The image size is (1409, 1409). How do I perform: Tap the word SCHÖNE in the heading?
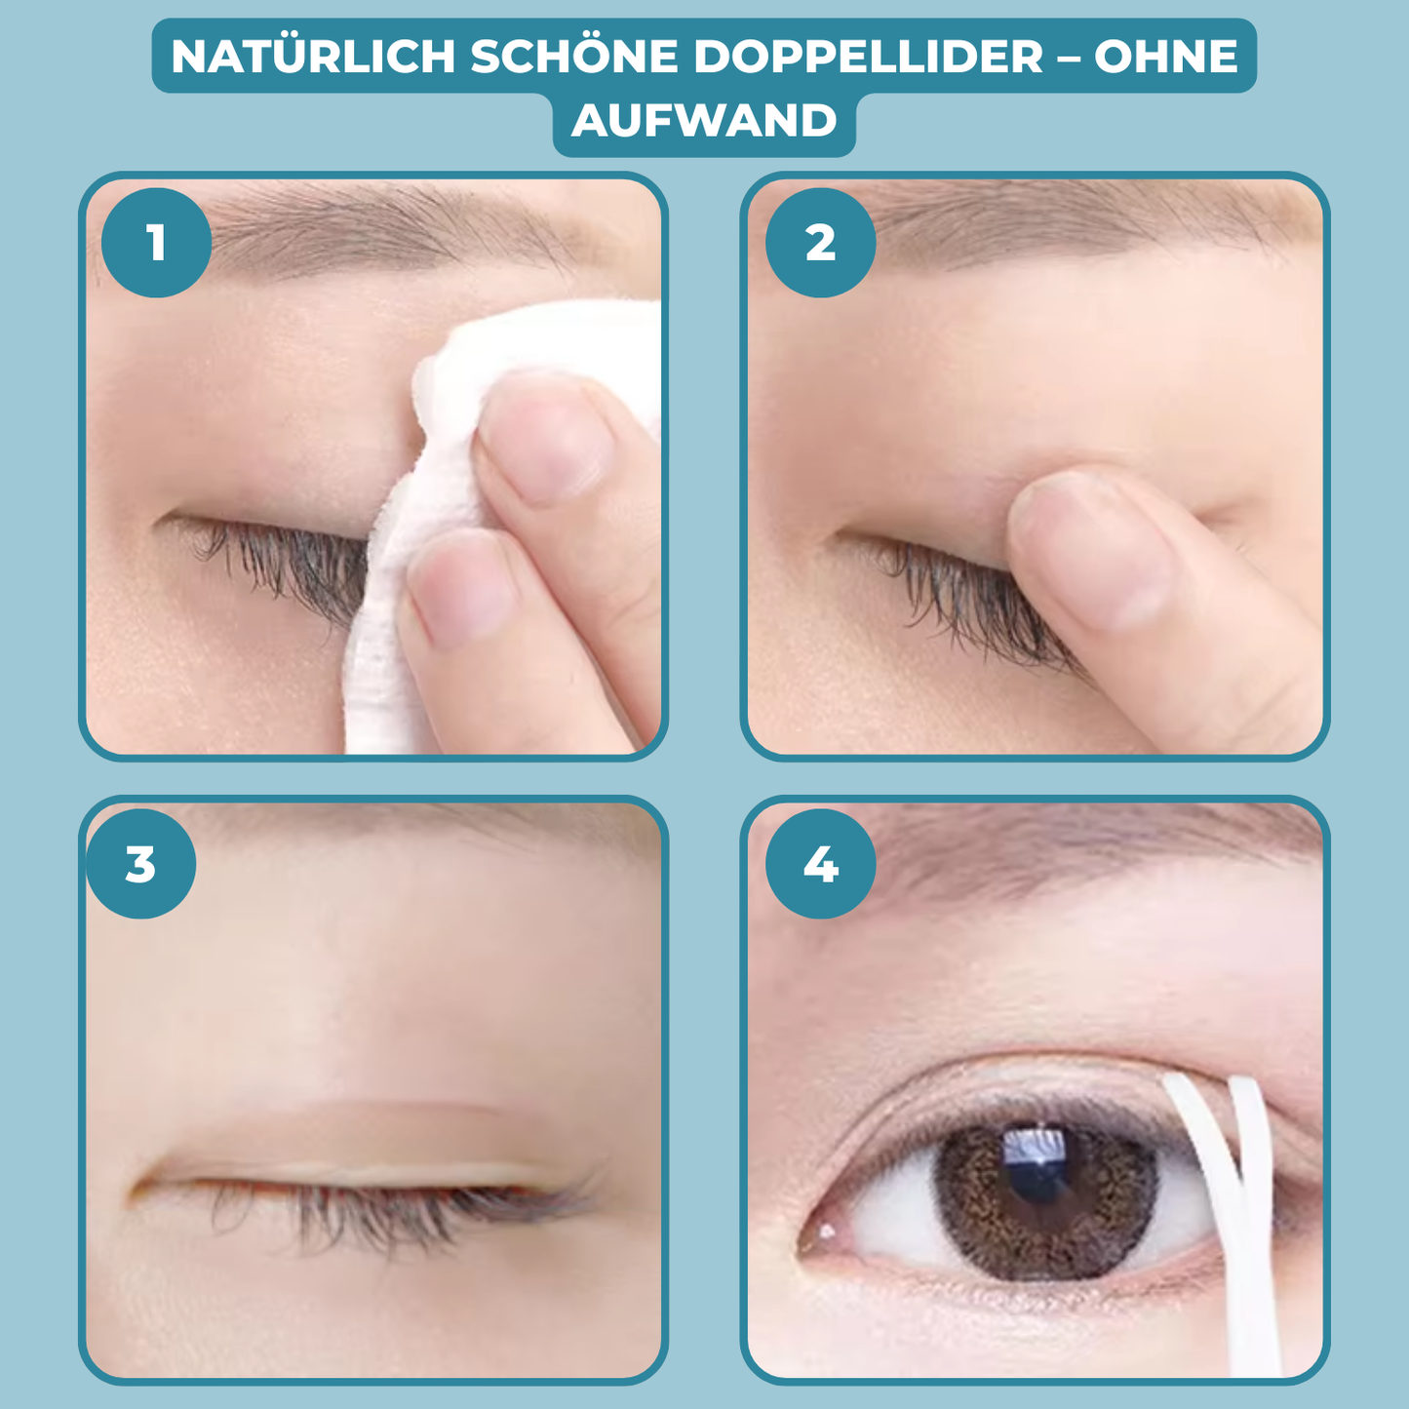click(x=574, y=57)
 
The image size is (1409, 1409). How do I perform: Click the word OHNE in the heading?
click(x=1166, y=57)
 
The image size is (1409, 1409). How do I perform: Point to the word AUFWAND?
click(x=704, y=121)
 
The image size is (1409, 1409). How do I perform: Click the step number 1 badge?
click(x=156, y=243)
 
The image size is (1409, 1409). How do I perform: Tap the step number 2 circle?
click(x=820, y=243)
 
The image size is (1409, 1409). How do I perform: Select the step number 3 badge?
click(x=140, y=864)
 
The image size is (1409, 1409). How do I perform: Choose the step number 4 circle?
click(x=820, y=864)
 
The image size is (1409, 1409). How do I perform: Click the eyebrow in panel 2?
click(x=1073, y=229)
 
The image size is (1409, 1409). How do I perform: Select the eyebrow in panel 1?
click(x=390, y=229)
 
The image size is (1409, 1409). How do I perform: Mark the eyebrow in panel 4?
click(x=1073, y=848)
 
